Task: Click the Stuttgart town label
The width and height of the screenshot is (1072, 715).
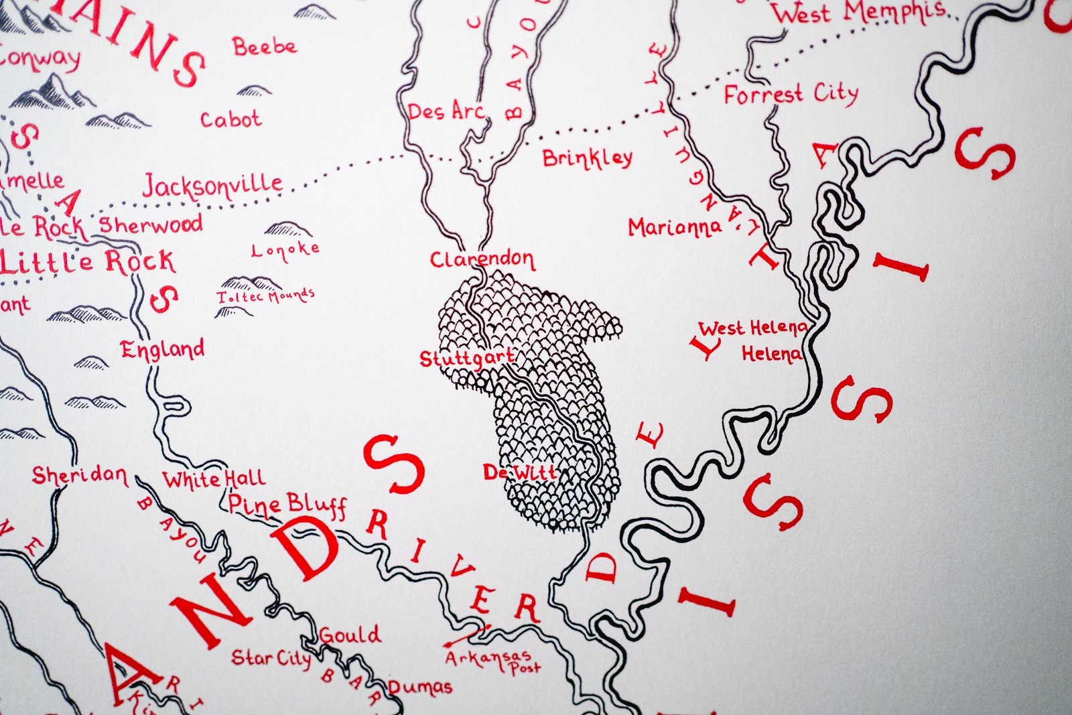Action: coord(466,359)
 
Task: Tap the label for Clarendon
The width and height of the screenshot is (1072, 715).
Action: coord(482,259)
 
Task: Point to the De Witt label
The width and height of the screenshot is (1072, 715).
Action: coord(520,472)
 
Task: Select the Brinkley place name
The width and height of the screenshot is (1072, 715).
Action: coord(587,158)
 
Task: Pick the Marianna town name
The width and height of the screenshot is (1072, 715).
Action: coord(675,228)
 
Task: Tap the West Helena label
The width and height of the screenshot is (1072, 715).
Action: coord(752,328)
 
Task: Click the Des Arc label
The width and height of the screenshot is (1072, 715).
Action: coord(446,111)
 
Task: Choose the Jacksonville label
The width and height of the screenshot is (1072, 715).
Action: coord(212,185)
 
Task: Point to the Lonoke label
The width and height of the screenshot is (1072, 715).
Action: coord(285,250)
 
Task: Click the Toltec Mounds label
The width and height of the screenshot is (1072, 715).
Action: coord(266,296)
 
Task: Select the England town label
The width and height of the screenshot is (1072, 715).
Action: coord(163,349)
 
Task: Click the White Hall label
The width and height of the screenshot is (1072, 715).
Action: coord(214,479)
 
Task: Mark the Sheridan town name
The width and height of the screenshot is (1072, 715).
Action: coord(79,476)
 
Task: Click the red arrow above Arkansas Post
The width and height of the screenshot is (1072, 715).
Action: coord(467,634)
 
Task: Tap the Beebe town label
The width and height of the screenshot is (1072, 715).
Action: coord(265,47)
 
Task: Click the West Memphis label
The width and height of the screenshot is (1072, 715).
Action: coord(860,12)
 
